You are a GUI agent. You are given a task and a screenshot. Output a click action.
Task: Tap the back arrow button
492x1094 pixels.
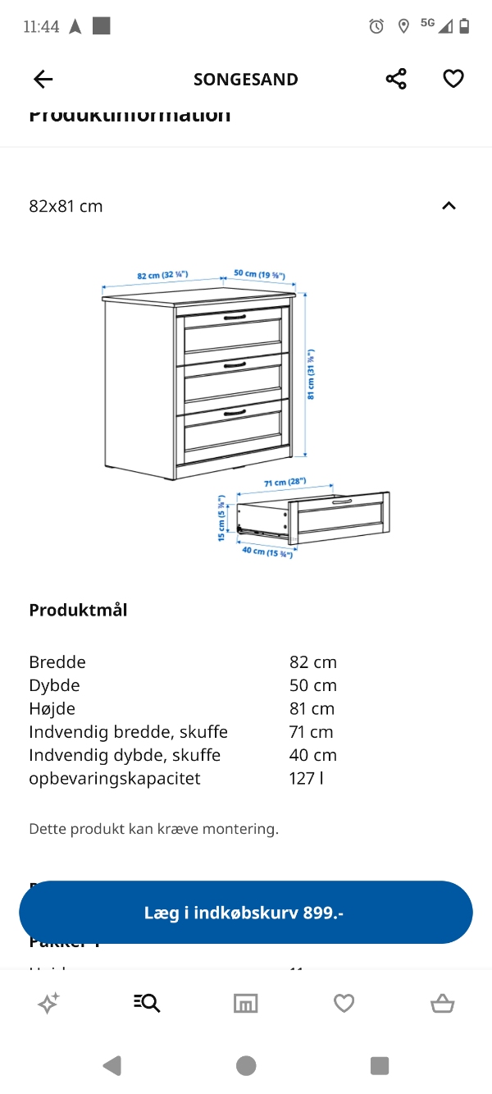43,79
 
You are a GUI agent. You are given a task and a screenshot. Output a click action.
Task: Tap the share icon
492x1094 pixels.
396,79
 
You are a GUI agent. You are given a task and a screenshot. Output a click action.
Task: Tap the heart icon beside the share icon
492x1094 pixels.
453,79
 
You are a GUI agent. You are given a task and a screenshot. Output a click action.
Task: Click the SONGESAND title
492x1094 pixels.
246,80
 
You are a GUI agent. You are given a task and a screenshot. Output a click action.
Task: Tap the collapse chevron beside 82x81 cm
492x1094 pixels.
449,206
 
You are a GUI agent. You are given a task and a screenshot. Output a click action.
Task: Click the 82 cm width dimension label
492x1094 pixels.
163,276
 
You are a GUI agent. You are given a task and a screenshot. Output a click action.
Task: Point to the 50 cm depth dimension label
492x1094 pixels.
259,274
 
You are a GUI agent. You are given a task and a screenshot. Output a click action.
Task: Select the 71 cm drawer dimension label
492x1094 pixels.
285,482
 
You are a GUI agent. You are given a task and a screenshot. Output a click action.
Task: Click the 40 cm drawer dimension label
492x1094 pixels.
267,552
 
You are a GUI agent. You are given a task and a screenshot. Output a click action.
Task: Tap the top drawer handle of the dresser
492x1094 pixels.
235,317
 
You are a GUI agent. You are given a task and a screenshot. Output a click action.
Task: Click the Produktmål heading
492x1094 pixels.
78,610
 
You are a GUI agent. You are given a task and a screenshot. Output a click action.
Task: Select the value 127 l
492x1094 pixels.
306,778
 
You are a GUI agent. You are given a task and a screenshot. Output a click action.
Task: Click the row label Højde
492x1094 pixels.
52,708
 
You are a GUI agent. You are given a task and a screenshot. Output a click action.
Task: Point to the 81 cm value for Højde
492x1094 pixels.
312,708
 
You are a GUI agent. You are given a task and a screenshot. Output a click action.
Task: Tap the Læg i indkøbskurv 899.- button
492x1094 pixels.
246,913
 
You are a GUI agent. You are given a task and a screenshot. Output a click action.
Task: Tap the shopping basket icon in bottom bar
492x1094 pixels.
442,1003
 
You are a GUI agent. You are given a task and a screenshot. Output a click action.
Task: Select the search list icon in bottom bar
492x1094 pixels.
147,1003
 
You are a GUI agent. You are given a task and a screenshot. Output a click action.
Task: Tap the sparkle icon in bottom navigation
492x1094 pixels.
48,1003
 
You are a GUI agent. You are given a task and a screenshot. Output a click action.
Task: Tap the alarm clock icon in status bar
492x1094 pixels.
376,26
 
